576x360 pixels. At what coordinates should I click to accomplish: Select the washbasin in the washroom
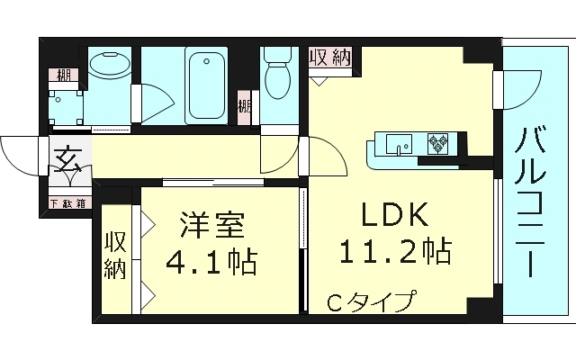tap(110, 68)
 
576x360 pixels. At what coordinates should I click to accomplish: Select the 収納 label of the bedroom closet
tap(114, 256)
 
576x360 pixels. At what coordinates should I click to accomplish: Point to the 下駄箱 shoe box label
tap(67, 202)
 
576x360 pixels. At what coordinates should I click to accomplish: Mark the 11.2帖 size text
tap(396, 249)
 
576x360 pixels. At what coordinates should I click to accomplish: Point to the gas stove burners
tap(440, 142)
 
